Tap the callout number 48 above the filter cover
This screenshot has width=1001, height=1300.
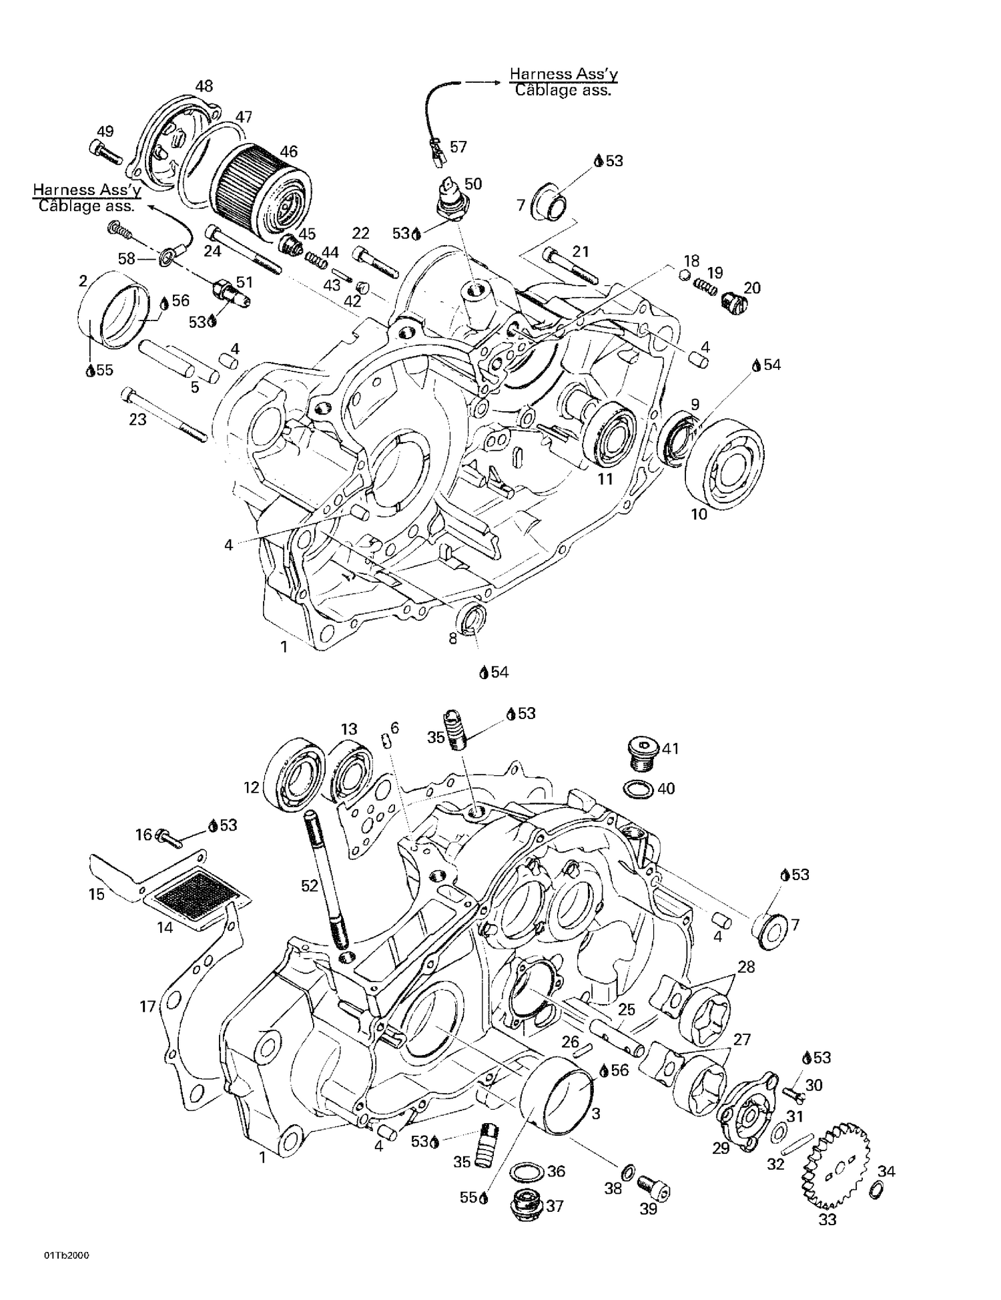204,86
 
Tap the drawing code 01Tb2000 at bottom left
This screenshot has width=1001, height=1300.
67,1256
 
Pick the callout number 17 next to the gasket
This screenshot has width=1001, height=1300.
147,1007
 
